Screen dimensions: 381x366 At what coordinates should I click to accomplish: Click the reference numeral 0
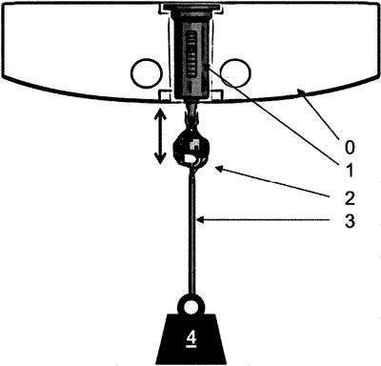point(350,147)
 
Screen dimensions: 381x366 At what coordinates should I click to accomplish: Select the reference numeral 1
point(350,171)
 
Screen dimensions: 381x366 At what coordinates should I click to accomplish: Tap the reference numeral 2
point(350,198)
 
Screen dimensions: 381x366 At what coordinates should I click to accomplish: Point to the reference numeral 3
point(350,221)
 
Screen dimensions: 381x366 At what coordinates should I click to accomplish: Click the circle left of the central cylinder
point(147,72)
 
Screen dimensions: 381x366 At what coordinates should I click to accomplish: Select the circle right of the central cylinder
point(235,72)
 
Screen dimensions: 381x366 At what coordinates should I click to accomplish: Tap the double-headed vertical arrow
point(160,136)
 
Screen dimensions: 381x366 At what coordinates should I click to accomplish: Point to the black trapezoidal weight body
point(190,339)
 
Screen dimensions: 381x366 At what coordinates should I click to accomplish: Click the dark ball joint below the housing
point(190,150)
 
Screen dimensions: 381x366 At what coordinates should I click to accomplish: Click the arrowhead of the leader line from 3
point(199,219)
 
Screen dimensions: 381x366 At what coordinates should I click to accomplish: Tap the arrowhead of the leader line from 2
point(218,169)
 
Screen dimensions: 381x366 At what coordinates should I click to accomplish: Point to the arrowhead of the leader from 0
point(301,92)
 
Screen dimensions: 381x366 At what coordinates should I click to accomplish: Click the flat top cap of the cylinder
point(190,7)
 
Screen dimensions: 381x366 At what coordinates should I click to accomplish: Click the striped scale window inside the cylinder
point(190,54)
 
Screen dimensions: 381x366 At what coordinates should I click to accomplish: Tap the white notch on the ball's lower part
point(190,159)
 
